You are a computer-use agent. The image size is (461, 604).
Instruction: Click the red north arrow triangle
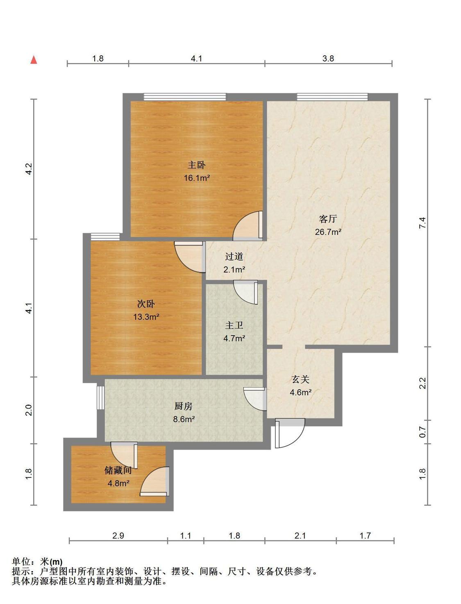(34, 60)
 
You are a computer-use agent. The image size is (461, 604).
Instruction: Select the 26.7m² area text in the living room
(328, 232)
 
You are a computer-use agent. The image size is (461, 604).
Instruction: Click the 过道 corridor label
(234, 257)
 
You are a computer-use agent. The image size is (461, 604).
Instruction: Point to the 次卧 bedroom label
(146, 304)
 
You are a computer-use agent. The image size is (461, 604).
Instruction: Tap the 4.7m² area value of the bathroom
(234, 338)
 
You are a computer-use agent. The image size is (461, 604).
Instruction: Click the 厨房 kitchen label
(184, 406)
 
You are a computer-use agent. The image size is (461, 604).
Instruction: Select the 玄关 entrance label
(301, 379)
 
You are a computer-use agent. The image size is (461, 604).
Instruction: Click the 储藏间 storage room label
(118, 470)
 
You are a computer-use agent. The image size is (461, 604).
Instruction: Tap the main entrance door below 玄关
(290, 433)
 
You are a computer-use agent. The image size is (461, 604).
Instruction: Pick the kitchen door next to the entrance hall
(255, 399)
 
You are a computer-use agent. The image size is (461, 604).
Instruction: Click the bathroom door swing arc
(245, 292)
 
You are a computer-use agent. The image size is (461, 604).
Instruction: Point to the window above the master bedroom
(185, 97)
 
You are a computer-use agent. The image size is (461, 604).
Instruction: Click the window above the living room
(332, 97)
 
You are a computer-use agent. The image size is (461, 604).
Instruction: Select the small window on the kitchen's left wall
(101, 397)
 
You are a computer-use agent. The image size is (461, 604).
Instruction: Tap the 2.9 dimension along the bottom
(118, 536)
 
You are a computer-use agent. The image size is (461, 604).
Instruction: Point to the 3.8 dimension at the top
(328, 58)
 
